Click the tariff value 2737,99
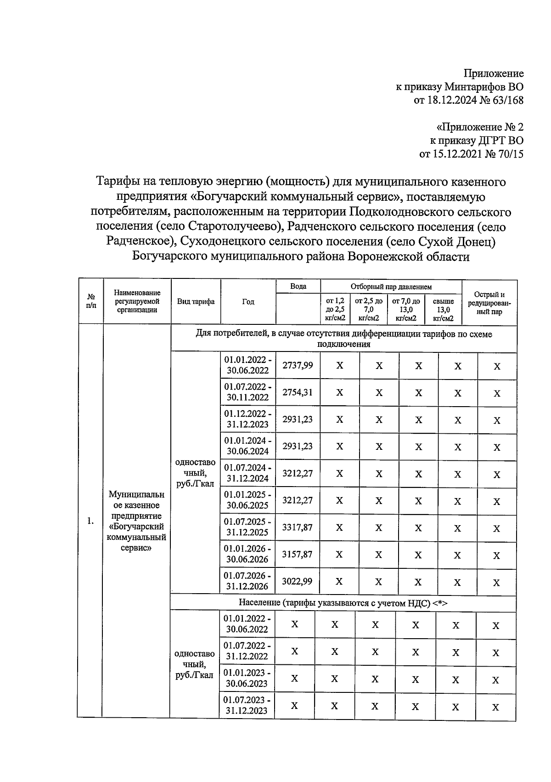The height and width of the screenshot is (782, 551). pyautogui.click(x=298, y=365)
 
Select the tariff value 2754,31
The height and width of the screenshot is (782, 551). pyautogui.click(x=298, y=392)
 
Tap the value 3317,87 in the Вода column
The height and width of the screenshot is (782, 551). pyautogui.click(x=298, y=527)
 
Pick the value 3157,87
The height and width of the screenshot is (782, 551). pyautogui.click(x=298, y=555)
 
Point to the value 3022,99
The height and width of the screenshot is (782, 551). pyautogui.click(x=298, y=582)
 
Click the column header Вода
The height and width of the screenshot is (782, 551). pyautogui.click(x=298, y=286)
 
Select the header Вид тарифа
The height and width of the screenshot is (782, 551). pyautogui.click(x=196, y=302)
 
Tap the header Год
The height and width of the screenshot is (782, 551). pyautogui.click(x=248, y=302)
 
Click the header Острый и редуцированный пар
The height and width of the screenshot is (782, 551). pyautogui.click(x=489, y=303)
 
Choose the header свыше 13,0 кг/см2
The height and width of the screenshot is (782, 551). pyautogui.click(x=443, y=309)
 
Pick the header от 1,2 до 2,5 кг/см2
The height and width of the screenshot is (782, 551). pyautogui.click(x=335, y=309)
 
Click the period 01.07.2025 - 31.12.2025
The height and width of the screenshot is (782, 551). pyautogui.click(x=247, y=527)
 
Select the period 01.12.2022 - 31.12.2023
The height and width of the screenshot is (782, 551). pyautogui.click(x=247, y=419)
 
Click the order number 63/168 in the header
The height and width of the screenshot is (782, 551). pyautogui.click(x=506, y=100)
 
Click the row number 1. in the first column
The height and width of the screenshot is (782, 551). pyautogui.click(x=90, y=521)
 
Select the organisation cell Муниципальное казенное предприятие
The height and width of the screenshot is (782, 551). pyautogui.click(x=136, y=521)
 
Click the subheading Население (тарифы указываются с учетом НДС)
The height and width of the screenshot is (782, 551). pyautogui.click(x=343, y=603)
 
